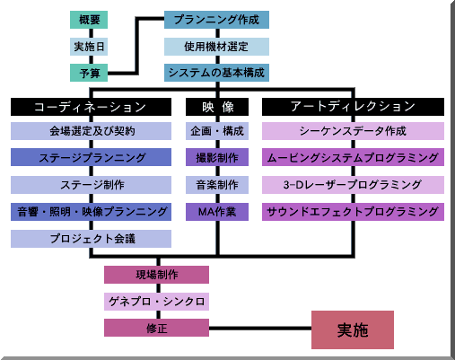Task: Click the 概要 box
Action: [89, 20]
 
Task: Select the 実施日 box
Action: [89, 47]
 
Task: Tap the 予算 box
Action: [89, 73]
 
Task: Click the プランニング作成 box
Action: [216, 20]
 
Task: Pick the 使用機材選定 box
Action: [216, 47]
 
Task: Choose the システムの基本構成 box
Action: [216, 73]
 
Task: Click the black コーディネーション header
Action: [91, 107]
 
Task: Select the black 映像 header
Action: [217, 107]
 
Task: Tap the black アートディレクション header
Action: [353, 107]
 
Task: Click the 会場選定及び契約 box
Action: [91, 131]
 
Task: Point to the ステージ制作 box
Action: [91, 185]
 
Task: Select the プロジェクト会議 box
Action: [91, 239]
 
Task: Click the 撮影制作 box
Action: [217, 157]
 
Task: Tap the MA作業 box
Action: [217, 212]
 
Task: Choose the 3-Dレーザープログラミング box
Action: [353, 185]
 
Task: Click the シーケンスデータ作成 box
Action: [353, 131]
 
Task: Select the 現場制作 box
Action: [156, 275]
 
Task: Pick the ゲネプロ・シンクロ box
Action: [156, 302]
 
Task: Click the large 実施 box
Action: [353, 329]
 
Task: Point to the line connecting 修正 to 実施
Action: [260, 329]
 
